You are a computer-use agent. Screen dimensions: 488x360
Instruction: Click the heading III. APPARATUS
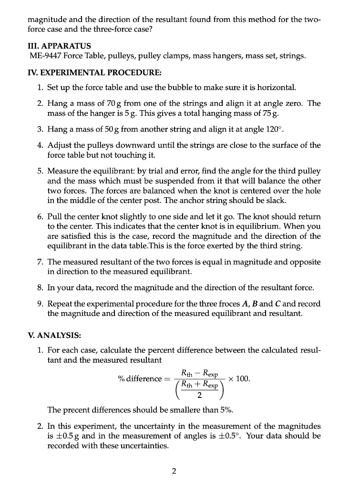[x=60, y=46]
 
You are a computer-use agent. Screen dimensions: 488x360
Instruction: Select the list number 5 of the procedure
[x=40, y=171]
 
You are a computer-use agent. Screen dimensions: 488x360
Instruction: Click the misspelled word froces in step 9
[x=225, y=304]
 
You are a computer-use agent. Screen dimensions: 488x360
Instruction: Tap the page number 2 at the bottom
[x=174, y=472]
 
